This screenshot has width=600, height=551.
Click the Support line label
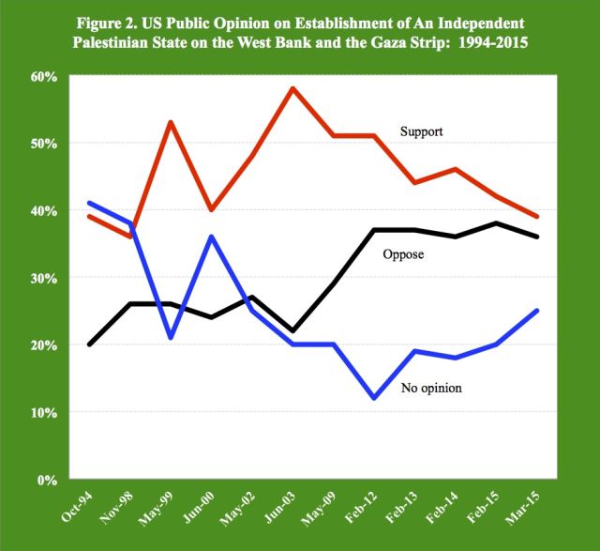pos(420,132)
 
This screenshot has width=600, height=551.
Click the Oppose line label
pos(406,253)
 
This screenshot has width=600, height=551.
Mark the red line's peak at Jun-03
pos(293,88)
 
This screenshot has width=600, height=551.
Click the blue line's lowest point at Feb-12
pos(375,398)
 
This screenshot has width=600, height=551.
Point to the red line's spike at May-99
pos(171,122)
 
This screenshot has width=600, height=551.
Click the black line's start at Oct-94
pos(89,344)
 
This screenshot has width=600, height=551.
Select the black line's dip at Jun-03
pos(293,331)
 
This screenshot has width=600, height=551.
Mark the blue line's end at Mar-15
pos(536,311)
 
